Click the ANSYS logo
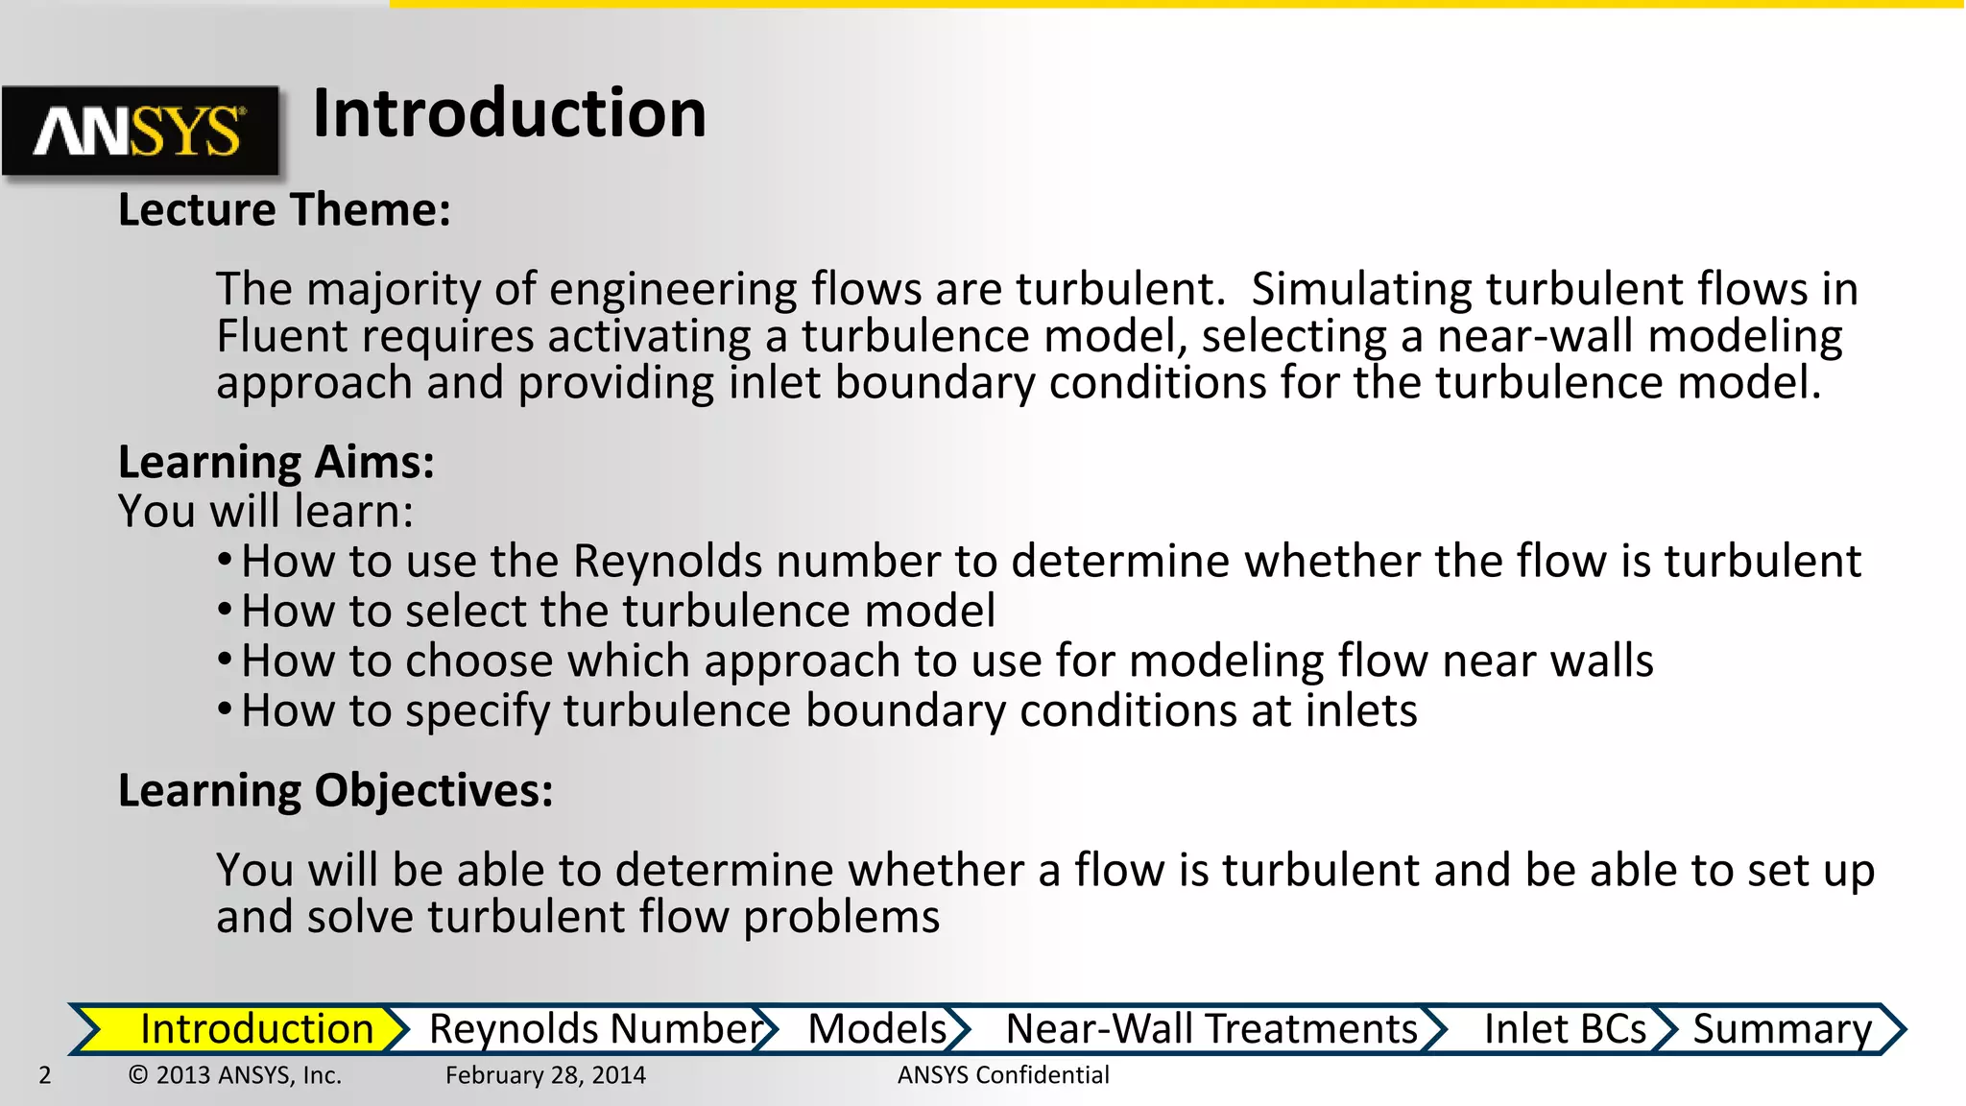pyautogui.click(x=140, y=131)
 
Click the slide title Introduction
pyautogui.click(x=509, y=113)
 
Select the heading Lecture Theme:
pyautogui.click(x=284, y=209)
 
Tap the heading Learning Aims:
pyautogui.click(x=276, y=462)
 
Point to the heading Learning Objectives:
pyautogui.click(x=335, y=790)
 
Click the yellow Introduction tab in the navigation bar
pyautogui.click(x=255, y=1028)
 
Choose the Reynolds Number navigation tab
pyautogui.click(x=595, y=1028)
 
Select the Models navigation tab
pyautogui.click(x=876, y=1028)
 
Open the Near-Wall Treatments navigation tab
pyautogui.click(x=1211, y=1028)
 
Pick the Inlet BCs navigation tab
pyautogui.click(x=1564, y=1028)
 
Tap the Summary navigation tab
pyautogui.click(x=1782, y=1028)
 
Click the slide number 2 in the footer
pyautogui.click(x=45, y=1075)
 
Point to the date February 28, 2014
pyautogui.click(x=545, y=1075)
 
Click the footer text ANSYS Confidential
pyautogui.click(x=1003, y=1075)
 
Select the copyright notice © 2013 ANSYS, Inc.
pyautogui.click(x=235, y=1075)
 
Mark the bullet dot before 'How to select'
pyautogui.click(x=224, y=610)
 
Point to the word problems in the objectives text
pyautogui.click(x=841, y=917)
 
